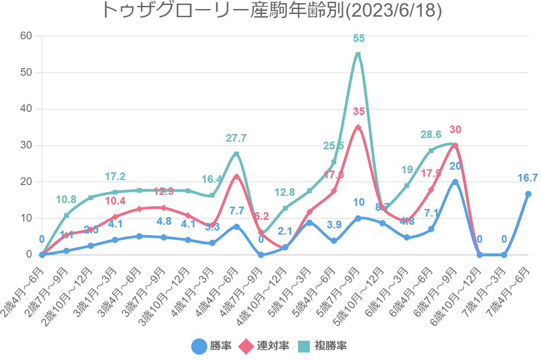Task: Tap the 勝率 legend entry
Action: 211,346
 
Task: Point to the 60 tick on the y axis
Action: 26,36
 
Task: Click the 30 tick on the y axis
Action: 26,145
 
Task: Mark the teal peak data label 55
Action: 358,39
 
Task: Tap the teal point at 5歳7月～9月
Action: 358,55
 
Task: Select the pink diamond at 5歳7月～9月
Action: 358,127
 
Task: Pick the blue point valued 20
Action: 455,182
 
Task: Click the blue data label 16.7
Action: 527,178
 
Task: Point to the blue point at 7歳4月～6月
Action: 528,194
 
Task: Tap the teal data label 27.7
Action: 236,139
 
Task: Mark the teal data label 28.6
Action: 431,135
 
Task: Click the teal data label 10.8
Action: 66,199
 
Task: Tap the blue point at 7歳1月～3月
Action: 504,255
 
